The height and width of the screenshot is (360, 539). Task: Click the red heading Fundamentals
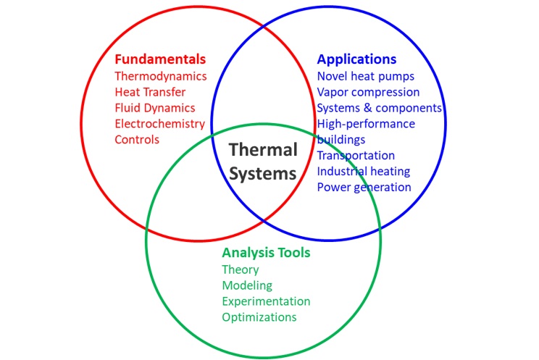tap(160, 59)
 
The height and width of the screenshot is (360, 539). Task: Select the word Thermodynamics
tap(161, 76)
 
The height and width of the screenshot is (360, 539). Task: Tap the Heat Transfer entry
tap(150, 92)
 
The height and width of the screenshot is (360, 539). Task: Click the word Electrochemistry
tap(160, 124)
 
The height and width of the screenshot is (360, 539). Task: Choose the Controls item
tap(137, 139)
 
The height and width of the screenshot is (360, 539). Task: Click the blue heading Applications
tap(357, 59)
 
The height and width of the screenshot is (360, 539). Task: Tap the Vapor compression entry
tap(368, 92)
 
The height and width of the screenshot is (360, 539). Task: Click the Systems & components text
tap(379, 108)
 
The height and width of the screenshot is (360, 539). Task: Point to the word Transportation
tap(356, 155)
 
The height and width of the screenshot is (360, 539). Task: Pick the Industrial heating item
tap(364, 171)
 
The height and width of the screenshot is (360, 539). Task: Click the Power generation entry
tap(364, 187)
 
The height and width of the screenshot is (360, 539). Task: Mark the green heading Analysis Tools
tap(266, 253)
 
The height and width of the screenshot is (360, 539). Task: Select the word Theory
tap(241, 270)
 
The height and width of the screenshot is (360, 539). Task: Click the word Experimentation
tap(266, 301)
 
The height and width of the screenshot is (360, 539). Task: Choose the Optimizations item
tap(259, 317)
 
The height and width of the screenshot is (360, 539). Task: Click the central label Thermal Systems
tap(263, 162)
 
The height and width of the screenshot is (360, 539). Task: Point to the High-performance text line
tap(366, 124)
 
